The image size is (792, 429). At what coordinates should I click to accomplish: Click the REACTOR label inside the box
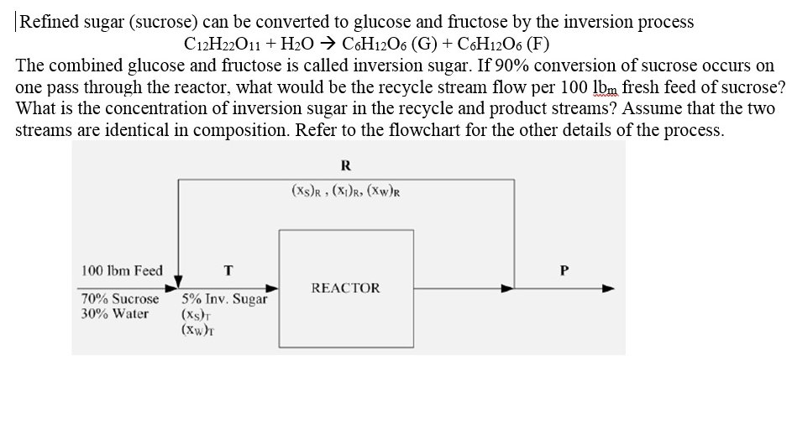click(x=345, y=288)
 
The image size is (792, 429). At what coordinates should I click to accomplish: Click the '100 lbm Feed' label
click(x=122, y=270)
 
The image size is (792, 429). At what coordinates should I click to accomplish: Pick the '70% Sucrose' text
click(x=119, y=299)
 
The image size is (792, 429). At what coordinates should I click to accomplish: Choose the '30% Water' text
click(x=114, y=314)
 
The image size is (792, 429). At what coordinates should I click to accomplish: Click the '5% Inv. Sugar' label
click(x=224, y=299)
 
